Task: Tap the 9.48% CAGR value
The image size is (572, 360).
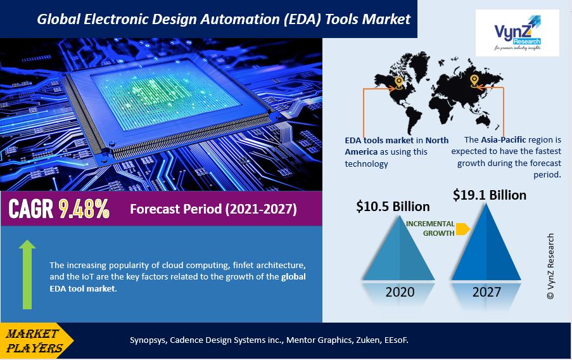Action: pos(84,209)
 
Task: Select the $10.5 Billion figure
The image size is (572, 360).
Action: pos(393,207)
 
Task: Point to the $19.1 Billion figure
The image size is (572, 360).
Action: pos(490,195)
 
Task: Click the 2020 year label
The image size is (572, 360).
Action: pos(400,292)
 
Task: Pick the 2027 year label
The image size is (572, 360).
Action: pos(485,292)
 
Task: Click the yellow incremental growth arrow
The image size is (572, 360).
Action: pos(462,229)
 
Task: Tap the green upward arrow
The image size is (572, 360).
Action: pos(27,274)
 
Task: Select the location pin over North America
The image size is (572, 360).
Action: pos(398,82)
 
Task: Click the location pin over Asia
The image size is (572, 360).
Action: pos(474,80)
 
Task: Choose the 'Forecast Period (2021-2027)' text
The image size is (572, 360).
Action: pos(213,209)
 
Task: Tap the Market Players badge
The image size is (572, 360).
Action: pos(35,341)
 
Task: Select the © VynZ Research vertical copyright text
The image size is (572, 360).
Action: pos(550,266)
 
